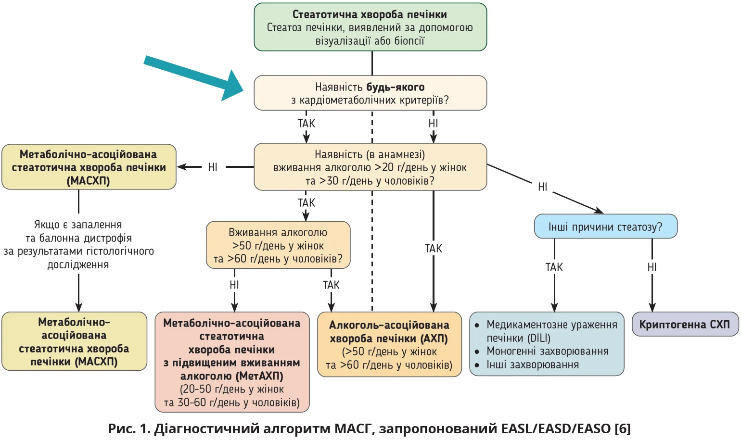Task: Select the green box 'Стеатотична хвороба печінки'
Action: tap(370, 27)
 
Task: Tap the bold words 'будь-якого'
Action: tap(396, 87)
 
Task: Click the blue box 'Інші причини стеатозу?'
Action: tap(605, 226)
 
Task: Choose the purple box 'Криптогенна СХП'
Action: tap(684, 324)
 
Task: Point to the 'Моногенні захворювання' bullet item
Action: tap(547, 351)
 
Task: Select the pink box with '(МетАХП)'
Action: tap(232, 362)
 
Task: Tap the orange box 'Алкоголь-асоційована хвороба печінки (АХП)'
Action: tap(389, 345)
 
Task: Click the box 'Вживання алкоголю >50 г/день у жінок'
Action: tap(278, 245)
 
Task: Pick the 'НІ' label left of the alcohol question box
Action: tap(213, 167)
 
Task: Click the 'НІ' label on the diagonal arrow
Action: tap(543, 187)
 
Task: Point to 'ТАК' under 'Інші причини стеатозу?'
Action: tap(554, 267)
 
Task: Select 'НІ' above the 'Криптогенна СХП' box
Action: tap(652, 267)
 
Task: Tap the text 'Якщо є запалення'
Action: tap(78, 225)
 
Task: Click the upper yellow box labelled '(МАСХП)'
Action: tap(89, 167)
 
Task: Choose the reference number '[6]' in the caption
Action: tap(622, 428)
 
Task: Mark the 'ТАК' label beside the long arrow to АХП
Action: tap(433, 249)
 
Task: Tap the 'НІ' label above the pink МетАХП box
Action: tap(234, 285)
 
